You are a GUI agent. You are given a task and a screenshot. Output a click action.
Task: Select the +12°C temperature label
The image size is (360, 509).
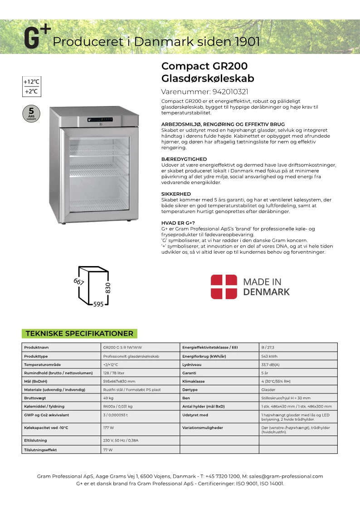(x=32, y=82)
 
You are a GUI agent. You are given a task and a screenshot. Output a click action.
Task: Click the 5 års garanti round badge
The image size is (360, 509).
(x=31, y=113)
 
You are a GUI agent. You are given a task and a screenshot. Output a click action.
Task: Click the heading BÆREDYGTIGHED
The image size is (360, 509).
(x=184, y=159)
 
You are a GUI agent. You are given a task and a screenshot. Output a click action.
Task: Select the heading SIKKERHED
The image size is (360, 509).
(x=176, y=194)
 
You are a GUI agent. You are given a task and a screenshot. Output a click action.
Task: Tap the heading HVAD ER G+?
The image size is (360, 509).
(x=178, y=223)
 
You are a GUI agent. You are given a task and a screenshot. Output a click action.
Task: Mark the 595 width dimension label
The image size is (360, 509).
(x=98, y=305)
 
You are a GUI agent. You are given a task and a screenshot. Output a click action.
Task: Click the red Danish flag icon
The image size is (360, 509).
(x=224, y=286)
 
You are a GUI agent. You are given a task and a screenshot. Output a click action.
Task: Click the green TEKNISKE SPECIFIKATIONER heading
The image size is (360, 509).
(x=79, y=334)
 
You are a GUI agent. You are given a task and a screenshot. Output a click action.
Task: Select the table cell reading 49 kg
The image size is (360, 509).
(x=108, y=398)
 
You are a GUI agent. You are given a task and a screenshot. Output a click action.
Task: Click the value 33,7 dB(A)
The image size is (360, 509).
(x=271, y=364)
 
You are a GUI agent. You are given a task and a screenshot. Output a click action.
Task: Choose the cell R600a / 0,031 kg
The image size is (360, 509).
(x=118, y=407)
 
